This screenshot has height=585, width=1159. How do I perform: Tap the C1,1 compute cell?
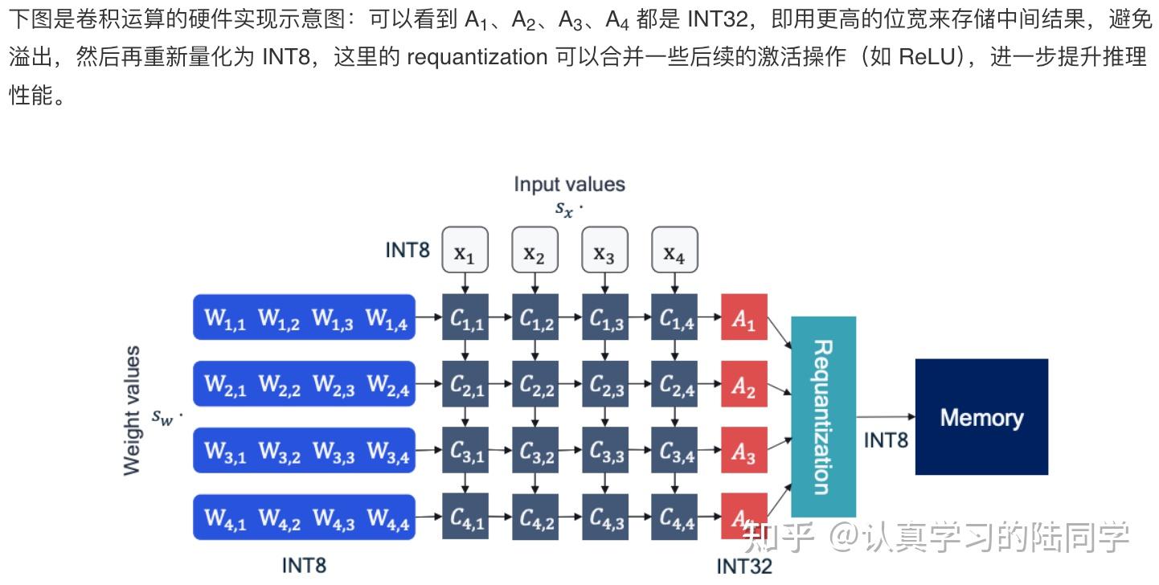pos(465,317)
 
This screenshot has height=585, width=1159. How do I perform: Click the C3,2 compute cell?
pos(535,452)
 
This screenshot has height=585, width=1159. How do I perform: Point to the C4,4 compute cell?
pos(674,518)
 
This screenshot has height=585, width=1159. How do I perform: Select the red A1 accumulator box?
pos(743,317)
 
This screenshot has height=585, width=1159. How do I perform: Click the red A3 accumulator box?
pos(743,452)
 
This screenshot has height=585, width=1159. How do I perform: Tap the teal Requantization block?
pos(823,416)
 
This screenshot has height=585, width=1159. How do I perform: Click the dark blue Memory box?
pos(981,416)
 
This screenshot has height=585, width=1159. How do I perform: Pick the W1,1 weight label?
pos(225,318)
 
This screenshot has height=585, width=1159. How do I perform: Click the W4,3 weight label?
pos(334,519)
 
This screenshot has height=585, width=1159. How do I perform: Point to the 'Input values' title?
pos(569,184)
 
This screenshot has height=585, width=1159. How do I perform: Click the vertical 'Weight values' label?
pos(132,410)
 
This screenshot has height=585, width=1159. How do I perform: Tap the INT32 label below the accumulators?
pos(743,567)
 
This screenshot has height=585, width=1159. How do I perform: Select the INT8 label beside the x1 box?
pos(407,250)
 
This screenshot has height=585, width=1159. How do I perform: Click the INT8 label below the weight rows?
pos(304,566)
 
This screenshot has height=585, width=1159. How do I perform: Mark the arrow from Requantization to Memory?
pos(885,416)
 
